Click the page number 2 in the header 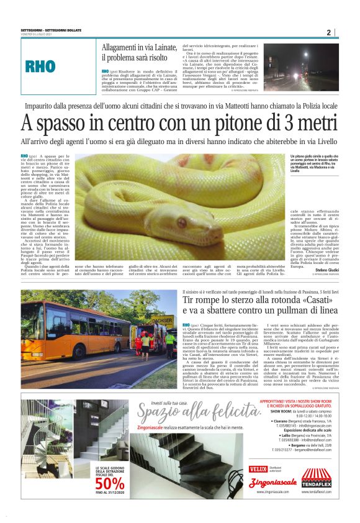coord(328,32)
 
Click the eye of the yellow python coord(182,222)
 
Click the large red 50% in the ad coord(110,484)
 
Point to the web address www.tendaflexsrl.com coord(317,491)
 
